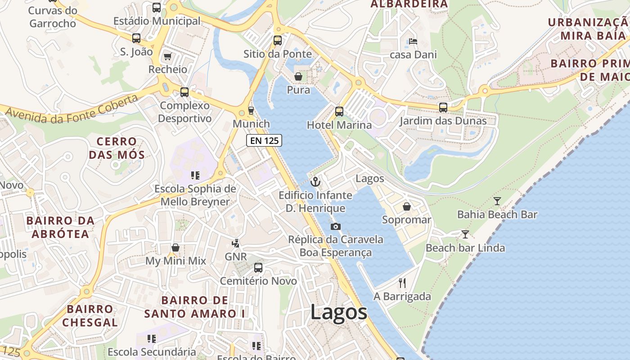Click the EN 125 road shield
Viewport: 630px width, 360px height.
[264, 140]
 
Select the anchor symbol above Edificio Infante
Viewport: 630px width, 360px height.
[315, 182]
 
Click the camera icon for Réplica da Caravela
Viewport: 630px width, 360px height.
[335, 226]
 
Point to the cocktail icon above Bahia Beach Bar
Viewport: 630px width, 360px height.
[497, 201]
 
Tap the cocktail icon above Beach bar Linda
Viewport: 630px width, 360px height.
[465, 234]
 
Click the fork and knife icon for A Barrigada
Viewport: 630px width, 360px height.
[402, 283]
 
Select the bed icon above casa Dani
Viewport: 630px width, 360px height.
[413, 41]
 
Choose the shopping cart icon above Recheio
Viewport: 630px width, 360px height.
[168, 56]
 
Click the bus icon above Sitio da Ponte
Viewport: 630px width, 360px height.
[278, 40]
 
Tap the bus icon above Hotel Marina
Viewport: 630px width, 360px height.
[339, 111]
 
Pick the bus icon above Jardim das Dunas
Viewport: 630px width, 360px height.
[443, 107]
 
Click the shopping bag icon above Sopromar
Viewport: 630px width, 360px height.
[407, 206]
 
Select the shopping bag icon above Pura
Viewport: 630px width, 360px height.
[298, 76]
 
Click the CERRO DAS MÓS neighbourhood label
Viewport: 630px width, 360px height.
[117, 148]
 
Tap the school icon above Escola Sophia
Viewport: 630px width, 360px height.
[195, 175]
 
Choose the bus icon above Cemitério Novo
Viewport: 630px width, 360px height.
[258, 267]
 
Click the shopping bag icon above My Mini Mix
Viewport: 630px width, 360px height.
[175, 247]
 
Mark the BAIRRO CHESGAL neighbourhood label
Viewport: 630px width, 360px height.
[90, 315]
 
